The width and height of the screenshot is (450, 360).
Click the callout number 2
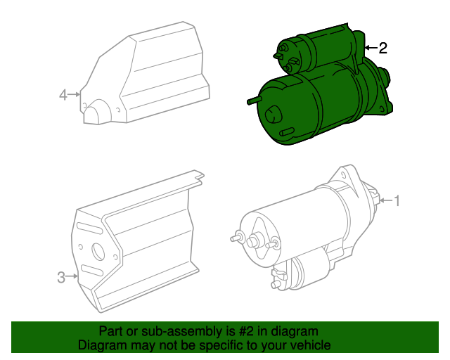tap(382, 48)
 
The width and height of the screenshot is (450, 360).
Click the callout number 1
tap(397, 200)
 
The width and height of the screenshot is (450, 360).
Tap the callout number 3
tap(61, 277)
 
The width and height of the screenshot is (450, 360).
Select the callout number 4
tap(63, 95)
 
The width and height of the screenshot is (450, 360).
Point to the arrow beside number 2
tap(371, 47)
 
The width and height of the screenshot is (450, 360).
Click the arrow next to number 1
tap(386, 200)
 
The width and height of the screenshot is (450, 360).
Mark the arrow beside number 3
tap(72, 276)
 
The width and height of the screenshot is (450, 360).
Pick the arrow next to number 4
tap(75, 94)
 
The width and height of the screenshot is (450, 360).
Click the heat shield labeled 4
tap(144, 73)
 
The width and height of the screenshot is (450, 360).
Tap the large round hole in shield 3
tap(98, 252)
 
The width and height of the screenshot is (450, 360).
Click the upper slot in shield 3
tap(89, 228)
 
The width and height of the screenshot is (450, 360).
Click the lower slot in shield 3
tap(92, 270)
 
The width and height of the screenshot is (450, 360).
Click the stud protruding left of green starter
tap(255, 100)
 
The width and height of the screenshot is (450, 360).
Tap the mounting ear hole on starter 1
tap(343, 174)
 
